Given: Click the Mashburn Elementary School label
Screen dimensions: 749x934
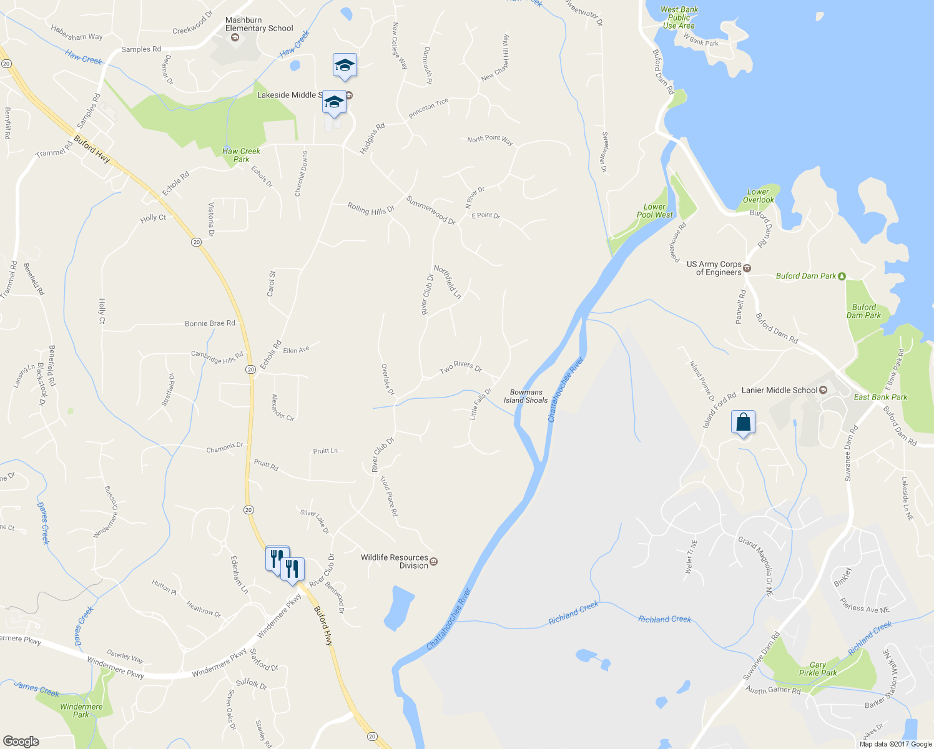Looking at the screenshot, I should pos(259,24).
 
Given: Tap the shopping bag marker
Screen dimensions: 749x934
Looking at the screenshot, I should pos(743,423).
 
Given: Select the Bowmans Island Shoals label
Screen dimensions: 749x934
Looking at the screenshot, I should pos(526,396).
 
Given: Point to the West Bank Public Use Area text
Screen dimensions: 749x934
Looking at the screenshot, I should pos(679,17).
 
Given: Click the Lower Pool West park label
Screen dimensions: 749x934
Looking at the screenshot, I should pos(655,211).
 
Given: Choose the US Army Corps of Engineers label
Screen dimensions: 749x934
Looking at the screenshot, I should pos(714,268).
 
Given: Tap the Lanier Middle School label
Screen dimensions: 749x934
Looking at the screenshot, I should pos(779,390).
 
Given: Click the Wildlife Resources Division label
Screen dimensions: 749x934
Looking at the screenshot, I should pos(395,562).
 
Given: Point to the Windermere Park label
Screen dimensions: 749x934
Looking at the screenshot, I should pos(81,711).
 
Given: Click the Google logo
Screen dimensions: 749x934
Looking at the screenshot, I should pos(21,742).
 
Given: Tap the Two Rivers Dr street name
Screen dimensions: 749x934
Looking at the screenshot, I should pos(461,368).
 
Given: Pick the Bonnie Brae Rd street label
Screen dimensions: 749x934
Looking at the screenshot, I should pos(210,323).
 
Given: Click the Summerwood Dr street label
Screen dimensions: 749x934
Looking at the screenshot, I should pos(431,210).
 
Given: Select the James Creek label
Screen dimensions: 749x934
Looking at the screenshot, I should pos(37,689).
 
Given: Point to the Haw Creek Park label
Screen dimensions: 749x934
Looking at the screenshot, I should pos(241,155).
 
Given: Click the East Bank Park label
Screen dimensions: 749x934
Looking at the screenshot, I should pos(880,397).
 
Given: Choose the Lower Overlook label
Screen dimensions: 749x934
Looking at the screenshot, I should pos(758,196).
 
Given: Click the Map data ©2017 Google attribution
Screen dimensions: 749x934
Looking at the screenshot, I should pos(895,744).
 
